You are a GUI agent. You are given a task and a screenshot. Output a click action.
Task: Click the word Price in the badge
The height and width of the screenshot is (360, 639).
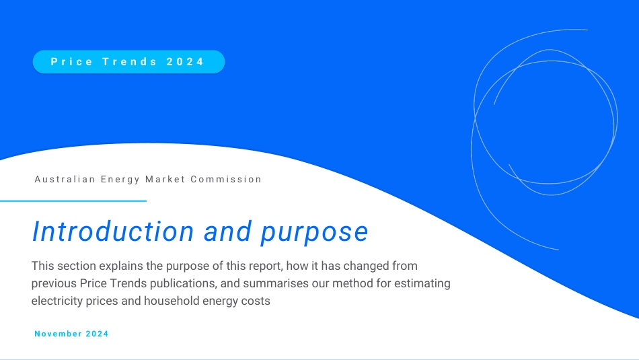(72, 61)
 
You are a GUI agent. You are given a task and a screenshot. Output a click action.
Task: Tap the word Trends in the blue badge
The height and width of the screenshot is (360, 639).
(130, 61)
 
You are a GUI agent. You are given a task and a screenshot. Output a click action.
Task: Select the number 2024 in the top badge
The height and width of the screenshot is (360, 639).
(185, 61)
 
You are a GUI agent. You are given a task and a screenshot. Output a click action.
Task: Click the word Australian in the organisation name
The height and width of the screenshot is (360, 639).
(65, 179)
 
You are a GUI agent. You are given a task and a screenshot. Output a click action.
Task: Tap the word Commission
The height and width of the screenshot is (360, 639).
(226, 179)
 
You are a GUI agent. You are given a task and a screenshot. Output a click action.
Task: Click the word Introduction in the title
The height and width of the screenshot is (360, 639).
(113, 231)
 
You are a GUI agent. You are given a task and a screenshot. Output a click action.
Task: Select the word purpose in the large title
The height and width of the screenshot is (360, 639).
(314, 232)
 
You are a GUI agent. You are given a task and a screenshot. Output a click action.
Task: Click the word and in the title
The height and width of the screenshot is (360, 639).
(227, 231)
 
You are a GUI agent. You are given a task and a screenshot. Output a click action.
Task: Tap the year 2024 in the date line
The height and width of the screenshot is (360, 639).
(97, 334)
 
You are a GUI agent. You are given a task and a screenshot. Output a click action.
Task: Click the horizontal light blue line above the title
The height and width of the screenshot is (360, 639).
(73, 201)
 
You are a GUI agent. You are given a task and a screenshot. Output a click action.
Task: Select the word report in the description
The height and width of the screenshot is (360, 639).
(265, 266)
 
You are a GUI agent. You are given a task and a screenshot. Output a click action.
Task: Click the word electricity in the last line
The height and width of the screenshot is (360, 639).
(57, 301)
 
